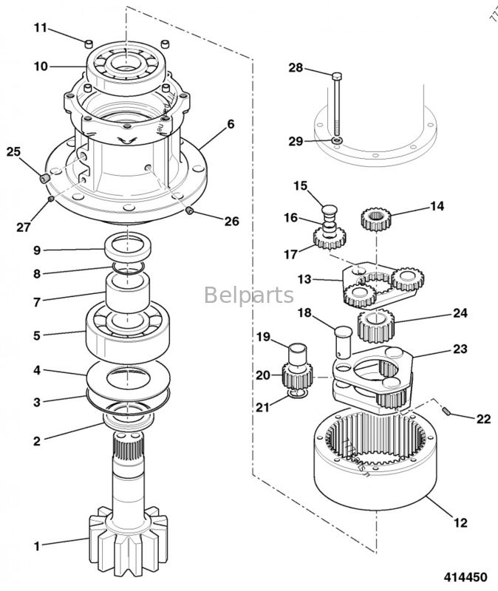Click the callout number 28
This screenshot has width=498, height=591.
(x=296, y=67)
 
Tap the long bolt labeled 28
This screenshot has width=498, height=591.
(x=337, y=103)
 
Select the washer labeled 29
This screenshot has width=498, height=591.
(x=337, y=140)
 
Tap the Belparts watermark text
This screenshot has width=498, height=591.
(x=248, y=296)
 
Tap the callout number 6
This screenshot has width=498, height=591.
(x=231, y=124)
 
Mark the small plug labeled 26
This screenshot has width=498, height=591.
(x=190, y=213)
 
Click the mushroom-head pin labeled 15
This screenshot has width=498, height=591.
(x=330, y=202)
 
